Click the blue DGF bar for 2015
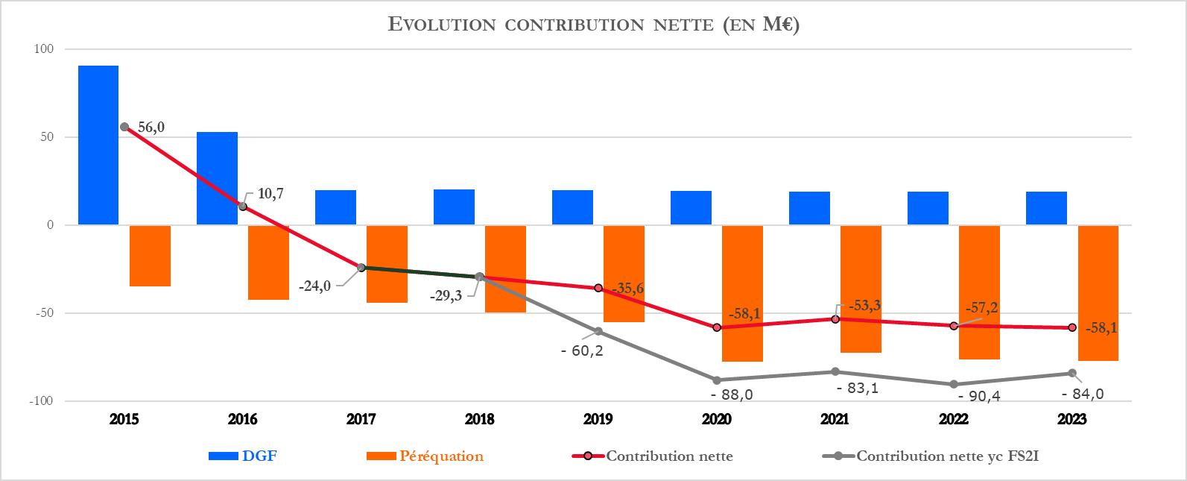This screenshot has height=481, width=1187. (x=98, y=145)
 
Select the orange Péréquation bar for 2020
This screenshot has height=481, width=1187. (x=742, y=293)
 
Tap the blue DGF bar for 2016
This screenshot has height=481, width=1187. (x=217, y=178)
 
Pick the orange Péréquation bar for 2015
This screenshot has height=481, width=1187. (x=150, y=256)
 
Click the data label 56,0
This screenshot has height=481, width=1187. (x=151, y=128)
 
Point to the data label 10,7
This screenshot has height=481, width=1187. (x=270, y=193)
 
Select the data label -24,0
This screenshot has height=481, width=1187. (x=315, y=286)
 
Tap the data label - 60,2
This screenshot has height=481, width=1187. (x=582, y=349)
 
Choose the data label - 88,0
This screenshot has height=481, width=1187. (x=732, y=394)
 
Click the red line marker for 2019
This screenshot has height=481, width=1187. (x=598, y=288)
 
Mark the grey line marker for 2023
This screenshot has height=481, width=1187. (x=1072, y=373)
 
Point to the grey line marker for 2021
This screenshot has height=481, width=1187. (x=835, y=371)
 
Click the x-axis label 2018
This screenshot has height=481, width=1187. (x=480, y=420)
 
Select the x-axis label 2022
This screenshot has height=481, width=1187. (x=954, y=420)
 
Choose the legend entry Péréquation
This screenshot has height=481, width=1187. (x=441, y=456)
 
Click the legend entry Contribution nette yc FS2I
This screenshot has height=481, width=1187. (x=948, y=456)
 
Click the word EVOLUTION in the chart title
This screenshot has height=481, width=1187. (x=443, y=25)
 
